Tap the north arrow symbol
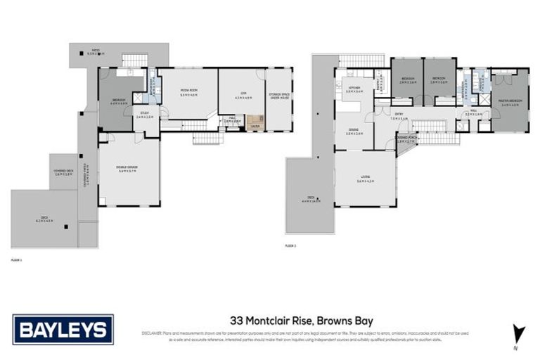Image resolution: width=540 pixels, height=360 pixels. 519,333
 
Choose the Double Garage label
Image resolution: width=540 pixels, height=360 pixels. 127,167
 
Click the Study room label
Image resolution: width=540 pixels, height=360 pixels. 145,115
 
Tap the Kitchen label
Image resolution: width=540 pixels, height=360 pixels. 354,89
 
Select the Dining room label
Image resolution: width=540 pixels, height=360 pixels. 354,131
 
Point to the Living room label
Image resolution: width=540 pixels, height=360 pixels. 364,179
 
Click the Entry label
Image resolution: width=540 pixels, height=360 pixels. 399,117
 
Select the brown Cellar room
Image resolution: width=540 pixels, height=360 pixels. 255,122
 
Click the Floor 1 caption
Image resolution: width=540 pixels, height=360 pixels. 17,259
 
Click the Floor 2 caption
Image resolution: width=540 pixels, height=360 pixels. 291,245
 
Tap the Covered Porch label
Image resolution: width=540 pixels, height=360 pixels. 406,140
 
